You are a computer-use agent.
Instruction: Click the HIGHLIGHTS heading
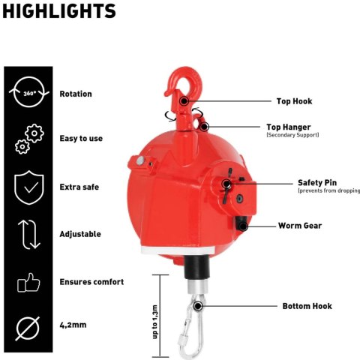tap(59, 11)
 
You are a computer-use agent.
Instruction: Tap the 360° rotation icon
tap(29, 92)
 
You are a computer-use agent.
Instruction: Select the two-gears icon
tap(29, 139)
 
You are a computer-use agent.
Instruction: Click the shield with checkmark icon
tap(29, 187)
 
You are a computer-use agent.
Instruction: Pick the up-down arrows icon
tap(29, 235)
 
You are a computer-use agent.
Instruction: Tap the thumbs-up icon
tap(28, 283)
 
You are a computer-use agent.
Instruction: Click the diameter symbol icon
tap(28, 328)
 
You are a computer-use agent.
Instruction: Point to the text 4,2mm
tap(73, 325)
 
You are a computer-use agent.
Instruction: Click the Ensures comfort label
tap(91, 282)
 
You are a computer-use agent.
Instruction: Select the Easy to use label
tap(81, 139)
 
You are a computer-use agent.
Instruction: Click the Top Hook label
tap(294, 101)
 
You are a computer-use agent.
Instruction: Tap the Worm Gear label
tap(300, 226)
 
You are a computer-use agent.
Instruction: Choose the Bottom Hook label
tap(307, 306)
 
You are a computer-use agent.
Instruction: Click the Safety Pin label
tap(317, 183)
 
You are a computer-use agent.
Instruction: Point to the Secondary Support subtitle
tap(292, 135)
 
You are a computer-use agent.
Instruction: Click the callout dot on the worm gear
tap(242, 226)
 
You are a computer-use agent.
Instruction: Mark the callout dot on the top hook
tap(184, 101)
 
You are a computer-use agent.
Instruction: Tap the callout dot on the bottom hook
tap(198, 306)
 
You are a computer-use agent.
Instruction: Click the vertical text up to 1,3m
tap(155, 322)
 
